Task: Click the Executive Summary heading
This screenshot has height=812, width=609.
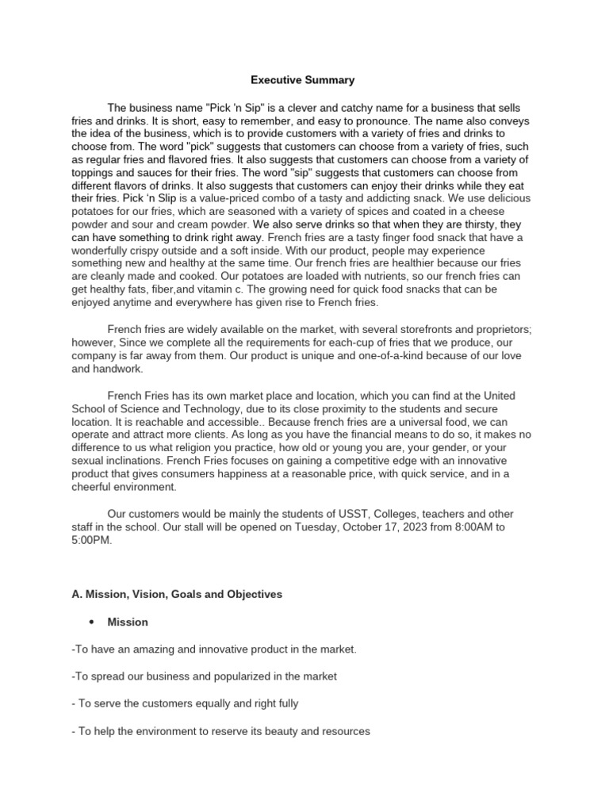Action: (303, 80)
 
